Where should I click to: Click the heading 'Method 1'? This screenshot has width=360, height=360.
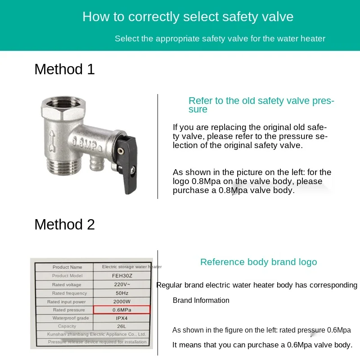click(64, 69)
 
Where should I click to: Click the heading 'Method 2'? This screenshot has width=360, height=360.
click(64, 224)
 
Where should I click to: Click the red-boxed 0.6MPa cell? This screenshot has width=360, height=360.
click(121, 310)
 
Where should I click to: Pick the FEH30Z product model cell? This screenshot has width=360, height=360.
click(121, 275)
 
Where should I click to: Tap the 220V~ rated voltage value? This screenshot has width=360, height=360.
click(121, 284)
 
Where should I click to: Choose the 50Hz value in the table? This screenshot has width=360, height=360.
click(121, 293)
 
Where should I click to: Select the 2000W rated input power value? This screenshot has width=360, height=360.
click(121, 301)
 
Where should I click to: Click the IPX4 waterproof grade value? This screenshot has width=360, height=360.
click(121, 318)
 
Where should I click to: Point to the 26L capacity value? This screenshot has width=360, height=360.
click(121, 326)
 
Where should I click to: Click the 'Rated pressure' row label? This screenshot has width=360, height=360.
click(69, 310)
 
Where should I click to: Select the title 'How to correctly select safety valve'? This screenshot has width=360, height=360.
click(188, 17)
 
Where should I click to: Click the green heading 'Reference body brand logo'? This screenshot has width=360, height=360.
click(258, 262)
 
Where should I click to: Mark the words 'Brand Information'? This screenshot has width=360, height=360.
click(201, 301)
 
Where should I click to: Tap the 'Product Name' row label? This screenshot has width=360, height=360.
click(67, 267)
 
